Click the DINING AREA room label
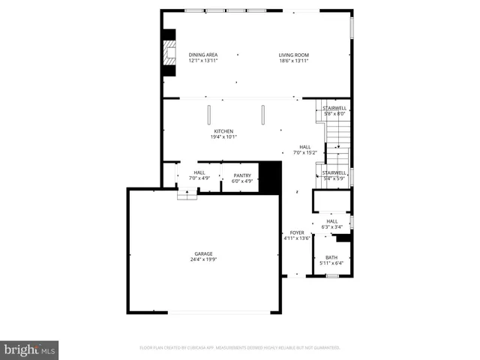pos(203,55)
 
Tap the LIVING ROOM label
pos(294,55)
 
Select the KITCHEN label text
pos(223,131)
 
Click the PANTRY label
pos(241,175)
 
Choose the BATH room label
pos(331,257)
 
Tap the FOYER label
pos(297,232)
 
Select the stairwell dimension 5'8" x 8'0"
pos(334,114)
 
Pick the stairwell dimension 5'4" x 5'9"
pos(334,178)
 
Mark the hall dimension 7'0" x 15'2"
pos(305,152)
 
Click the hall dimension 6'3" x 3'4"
pos(331,226)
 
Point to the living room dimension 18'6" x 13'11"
pos(294,60)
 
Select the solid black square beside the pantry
pos(269,177)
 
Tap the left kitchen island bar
pos(210,115)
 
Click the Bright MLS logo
pos(30,349)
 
